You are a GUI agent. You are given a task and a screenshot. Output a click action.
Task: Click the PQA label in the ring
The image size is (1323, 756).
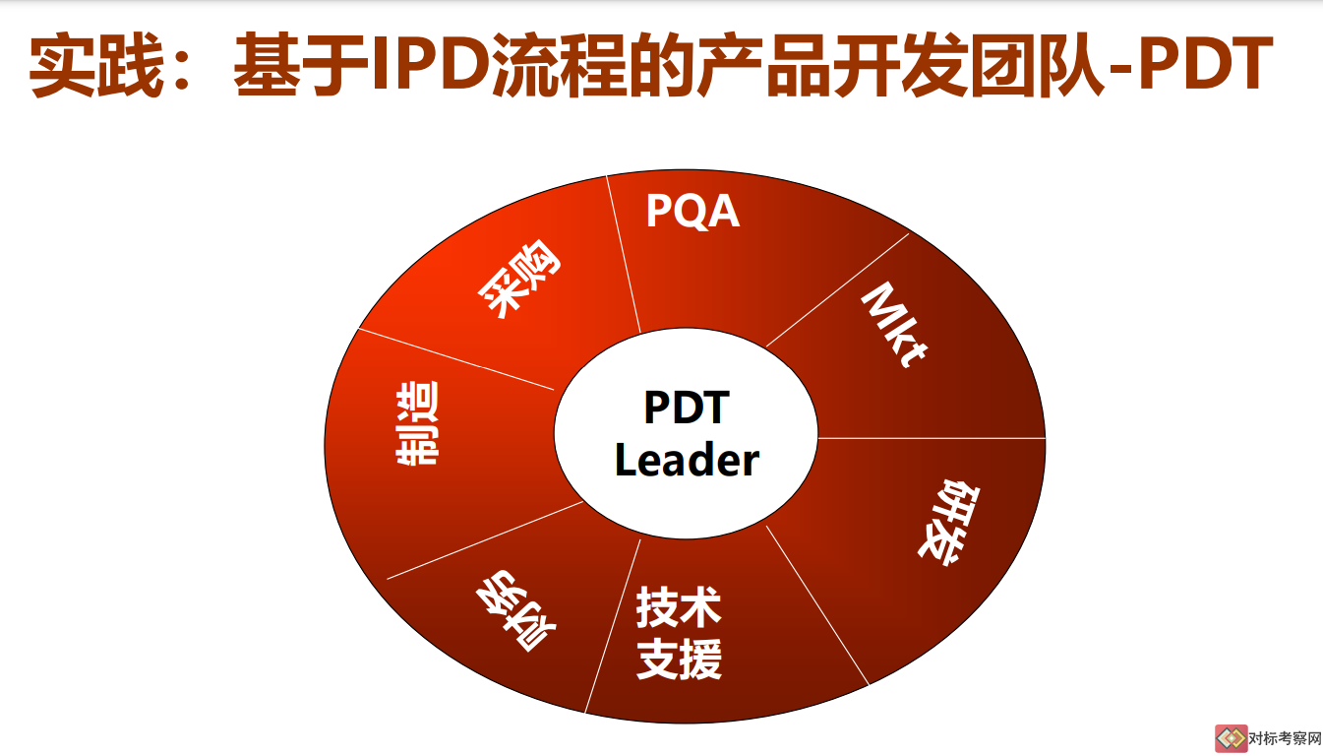point(692,211)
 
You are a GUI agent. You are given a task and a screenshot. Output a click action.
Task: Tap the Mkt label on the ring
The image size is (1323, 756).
point(894,325)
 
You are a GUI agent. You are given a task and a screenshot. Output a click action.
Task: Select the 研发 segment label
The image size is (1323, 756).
point(949,523)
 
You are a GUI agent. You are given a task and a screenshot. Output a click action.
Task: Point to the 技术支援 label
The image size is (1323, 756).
point(679,633)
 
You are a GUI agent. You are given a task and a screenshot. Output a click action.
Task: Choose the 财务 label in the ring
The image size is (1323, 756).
point(515,611)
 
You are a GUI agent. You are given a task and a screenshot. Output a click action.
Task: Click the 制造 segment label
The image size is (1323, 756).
point(417,423)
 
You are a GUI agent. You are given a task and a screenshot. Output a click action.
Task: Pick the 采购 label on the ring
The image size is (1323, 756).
point(519,278)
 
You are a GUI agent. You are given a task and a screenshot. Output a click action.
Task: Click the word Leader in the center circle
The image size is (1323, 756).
point(687,461)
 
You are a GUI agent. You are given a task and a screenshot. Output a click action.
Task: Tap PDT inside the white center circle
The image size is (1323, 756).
point(687,408)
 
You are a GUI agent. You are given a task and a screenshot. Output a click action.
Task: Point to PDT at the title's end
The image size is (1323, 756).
point(1205,63)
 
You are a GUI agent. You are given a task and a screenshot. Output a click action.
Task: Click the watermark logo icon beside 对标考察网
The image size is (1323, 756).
point(1231,738)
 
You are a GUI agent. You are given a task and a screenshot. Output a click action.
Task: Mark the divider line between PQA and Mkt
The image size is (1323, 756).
point(837,289)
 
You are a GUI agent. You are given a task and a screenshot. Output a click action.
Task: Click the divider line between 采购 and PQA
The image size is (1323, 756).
point(624,255)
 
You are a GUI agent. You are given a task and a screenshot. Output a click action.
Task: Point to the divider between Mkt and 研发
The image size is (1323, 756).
point(932,439)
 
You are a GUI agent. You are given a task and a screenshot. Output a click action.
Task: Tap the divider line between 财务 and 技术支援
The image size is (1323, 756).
point(613,626)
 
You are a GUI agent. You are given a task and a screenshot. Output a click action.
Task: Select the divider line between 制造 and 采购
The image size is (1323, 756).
point(455,359)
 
